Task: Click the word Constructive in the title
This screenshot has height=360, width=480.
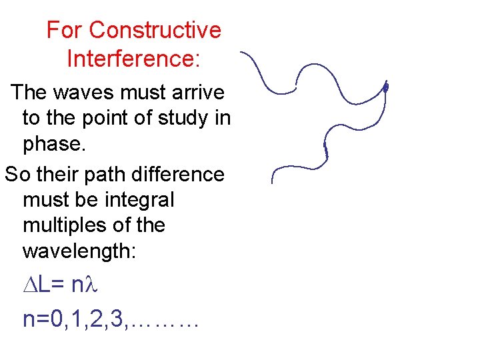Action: [x=155, y=31]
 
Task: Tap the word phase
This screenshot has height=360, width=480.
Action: [x=53, y=144]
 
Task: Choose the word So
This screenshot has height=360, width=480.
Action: [x=17, y=175]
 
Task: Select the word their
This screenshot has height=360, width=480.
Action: [x=59, y=175]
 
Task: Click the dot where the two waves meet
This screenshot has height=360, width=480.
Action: [x=385, y=87]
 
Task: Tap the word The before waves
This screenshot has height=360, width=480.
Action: [x=31, y=92]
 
